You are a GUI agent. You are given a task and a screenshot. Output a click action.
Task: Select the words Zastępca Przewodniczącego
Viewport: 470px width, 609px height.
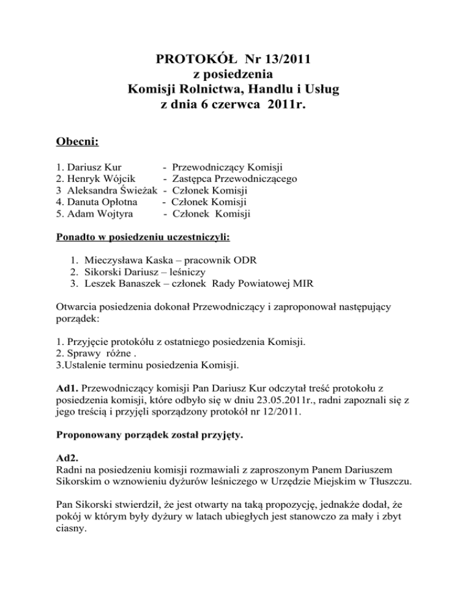coord(235,179)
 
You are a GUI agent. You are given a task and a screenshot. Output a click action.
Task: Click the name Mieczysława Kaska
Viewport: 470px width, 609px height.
coord(127,259)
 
